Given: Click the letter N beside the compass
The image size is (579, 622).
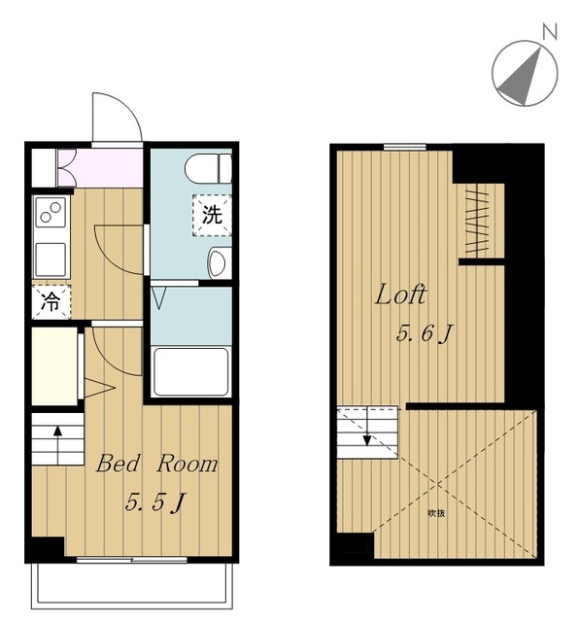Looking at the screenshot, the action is point(550,31).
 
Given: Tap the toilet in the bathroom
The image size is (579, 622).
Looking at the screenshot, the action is point(208,168).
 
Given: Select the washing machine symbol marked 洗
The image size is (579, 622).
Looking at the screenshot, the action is point(212,216).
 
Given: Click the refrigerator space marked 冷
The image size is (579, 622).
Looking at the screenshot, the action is point(51,302).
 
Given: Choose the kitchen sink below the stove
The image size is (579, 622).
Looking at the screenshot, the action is point(51,259).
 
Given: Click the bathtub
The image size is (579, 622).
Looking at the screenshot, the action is point(190,371).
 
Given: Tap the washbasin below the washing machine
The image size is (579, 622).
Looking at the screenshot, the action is point(219,262).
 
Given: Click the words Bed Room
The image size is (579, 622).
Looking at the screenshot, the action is point(157,464).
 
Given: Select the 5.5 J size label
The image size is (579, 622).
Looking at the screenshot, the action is point(155,503).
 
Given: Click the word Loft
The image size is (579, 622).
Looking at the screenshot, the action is point(400,294).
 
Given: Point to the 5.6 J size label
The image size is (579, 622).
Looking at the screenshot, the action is point(425,334).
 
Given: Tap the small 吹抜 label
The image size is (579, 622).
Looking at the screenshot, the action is point(436,513).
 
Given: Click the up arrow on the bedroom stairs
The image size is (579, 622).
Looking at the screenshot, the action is point(58,445).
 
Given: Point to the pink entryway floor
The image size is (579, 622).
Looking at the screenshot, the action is point(101,168).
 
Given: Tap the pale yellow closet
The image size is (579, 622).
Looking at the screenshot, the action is point(54,366).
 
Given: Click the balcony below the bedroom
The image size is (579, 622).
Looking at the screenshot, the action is point(133,587).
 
